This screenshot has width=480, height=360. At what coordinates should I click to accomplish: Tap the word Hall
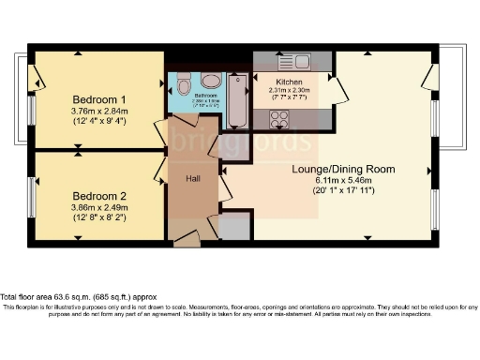[x=191, y=177]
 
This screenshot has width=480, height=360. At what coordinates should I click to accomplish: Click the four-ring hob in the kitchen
[x=279, y=119]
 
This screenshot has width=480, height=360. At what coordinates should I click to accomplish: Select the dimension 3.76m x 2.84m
[x=98, y=110]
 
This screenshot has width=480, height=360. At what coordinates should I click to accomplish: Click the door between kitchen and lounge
[x=337, y=89]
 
